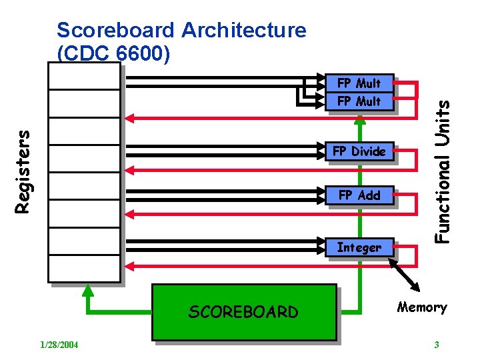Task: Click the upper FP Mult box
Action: pyautogui.click(x=359, y=83)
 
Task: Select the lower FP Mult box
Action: pyautogui.click(x=359, y=101)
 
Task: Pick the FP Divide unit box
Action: pyautogui.click(x=359, y=151)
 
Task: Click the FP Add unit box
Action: pyautogui.click(x=359, y=195)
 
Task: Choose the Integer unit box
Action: pyautogui.click(x=359, y=248)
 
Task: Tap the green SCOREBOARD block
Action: pyautogui.click(x=244, y=312)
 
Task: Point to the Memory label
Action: pyautogui.click(x=421, y=307)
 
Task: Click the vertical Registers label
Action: pyautogui.click(x=23, y=171)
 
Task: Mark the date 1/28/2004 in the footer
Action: pyautogui.click(x=59, y=345)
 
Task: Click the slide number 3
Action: pyautogui.click(x=436, y=345)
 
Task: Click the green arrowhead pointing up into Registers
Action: pyautogui.click(x=87, y=291)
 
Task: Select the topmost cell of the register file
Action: pyautogui.click(x=84, y=78)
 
